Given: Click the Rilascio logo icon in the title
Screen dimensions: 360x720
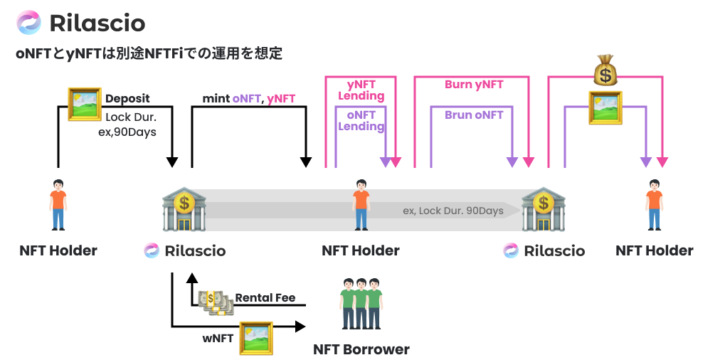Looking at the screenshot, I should pyautogui.click(x=29, y=23).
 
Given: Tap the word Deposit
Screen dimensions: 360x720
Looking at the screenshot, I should pyautogui.click(x=127, y=99).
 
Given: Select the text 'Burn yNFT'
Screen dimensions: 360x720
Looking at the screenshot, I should pyautogui.click(x=474, y=84).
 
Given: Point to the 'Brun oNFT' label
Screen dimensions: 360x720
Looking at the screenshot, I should pyautogui.click(x=474, y=115).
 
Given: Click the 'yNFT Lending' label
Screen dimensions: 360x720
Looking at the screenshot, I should pyautogui.click(x=361, y=90).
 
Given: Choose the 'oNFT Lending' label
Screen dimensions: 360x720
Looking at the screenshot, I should pyautogui.click(x=361, y=120).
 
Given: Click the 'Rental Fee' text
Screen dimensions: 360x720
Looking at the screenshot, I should pyautogui.click(x=265, y=297).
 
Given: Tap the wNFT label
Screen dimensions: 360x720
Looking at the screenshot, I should pyautogui.click(x=218, y=338).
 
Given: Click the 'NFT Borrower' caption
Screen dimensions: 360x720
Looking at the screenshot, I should pyautogui.click(x=361, y=349).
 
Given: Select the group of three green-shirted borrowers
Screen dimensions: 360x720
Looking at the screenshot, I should pyautogui.click(x=362, y=303).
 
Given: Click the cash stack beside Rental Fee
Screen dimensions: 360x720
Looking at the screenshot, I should pyautogui.click(x=216, y=302).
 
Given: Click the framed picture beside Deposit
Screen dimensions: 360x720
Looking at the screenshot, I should pyautogui.click(x=85, y=105).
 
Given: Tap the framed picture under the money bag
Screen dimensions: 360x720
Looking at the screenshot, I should pyautogui.click(x=605, y=107).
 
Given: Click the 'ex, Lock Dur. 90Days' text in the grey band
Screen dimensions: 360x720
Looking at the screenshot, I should pyautogui.click(x=453, y=211).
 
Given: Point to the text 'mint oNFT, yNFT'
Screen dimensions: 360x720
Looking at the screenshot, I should pyautogui.click(x=249, y=99).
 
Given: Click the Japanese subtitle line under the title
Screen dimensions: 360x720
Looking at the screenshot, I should pyautogui.click(x=149, y=53).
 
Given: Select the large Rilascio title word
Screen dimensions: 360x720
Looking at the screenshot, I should pyautogui.click(x=97, y=23).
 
